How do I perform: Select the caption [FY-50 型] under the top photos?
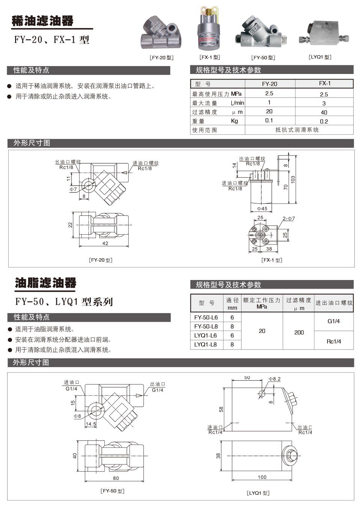coord(263,58)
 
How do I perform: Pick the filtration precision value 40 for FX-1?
coord(324,112)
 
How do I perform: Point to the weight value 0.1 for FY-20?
coord(269,120)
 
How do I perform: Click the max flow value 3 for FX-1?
coord(324,103)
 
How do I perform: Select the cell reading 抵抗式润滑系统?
coord(297,130)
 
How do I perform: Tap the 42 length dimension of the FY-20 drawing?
coord(105,243)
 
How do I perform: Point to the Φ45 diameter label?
coord(262,209)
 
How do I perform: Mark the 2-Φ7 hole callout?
coord(289,218)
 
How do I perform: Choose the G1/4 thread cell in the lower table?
coord(333,321)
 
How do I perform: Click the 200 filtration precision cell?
coord(299,332)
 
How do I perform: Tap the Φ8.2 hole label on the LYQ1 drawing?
coord(274,379)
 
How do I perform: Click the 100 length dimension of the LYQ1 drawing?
coord(262,477)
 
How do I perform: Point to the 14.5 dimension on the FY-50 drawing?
coord(91,424)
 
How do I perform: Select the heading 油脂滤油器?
coord(46,283)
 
